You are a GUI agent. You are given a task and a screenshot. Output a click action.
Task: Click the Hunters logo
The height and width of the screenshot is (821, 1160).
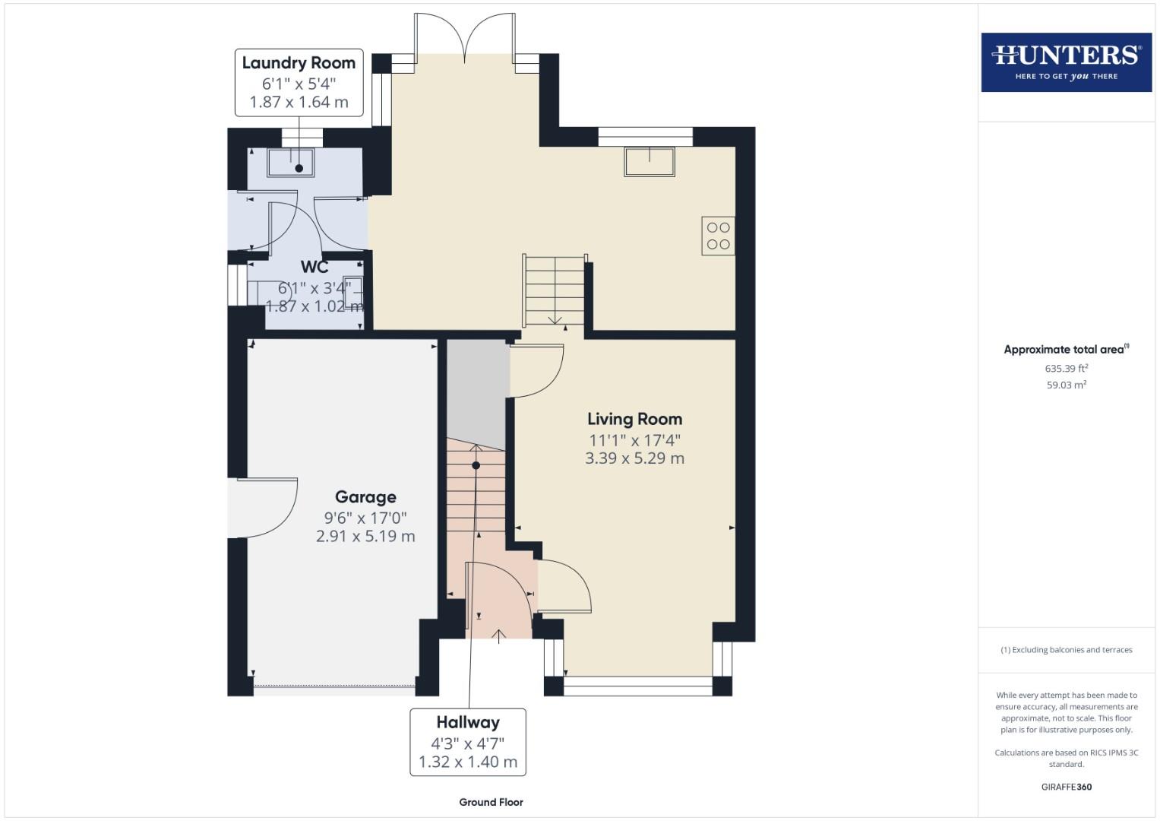click(x=1066, y=62)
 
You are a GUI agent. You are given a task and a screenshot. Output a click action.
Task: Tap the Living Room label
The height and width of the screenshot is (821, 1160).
click(x=634, y=419)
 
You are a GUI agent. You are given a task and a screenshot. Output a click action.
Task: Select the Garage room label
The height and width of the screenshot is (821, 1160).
click(x=365, y=497)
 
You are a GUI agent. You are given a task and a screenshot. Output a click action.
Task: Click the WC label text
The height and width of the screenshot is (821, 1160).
click(x=314, y=267)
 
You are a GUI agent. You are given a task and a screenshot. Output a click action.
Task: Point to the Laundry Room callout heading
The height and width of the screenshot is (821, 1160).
click(x=299, y=63)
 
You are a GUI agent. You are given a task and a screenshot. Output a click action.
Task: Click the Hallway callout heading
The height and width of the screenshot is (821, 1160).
click(x=467, y=722)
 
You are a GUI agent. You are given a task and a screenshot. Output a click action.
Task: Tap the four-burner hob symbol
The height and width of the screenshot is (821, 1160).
click(x=718, y=236)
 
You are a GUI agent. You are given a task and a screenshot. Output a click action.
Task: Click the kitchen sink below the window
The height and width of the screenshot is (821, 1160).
click(x=650, y=161)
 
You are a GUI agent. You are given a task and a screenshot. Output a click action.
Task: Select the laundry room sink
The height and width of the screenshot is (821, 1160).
click(x=291, y=163)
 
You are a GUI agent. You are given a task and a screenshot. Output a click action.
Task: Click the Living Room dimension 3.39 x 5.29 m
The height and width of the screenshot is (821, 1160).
click(x=634, y=458)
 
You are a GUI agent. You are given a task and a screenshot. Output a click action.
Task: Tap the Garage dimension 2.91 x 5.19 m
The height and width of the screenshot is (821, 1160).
click(x=365, y=537)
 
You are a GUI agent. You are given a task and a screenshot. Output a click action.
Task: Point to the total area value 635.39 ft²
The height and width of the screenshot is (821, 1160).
click(x=1066, y=369)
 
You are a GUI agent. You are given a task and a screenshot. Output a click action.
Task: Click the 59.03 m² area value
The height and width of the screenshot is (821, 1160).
click(x=1066, y=385)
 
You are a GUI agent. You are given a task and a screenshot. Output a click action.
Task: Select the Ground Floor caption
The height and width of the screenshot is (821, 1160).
click(x=491, y=802)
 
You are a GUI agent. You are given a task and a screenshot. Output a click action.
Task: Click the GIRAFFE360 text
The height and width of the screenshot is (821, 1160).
click(x=1066, y=787)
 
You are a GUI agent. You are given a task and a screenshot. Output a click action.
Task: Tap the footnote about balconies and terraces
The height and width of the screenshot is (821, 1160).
click(x=1066, y=650)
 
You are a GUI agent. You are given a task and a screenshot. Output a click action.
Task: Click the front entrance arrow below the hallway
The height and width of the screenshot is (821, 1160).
click(x=499, y=636)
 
